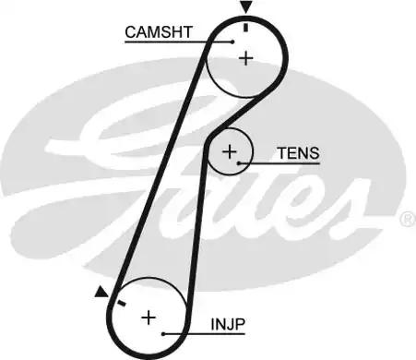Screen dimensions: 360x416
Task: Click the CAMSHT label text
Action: click(x=159, y=31)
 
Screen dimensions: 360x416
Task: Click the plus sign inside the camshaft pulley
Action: click(x=246, y=58)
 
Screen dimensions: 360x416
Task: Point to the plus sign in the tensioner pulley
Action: click(x=230, y=150)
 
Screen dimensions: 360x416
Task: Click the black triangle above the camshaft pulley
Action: click(x=245, y=8)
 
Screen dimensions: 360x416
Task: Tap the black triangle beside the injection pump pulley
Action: click(x=101, y=293)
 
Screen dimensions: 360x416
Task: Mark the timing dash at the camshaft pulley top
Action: click(x=246, y=26)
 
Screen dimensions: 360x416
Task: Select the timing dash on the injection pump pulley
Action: click(x=120, y=300)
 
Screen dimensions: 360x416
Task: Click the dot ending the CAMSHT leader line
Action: click(x=232, y=41)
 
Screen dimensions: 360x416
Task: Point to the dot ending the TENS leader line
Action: click(x=240, y=163)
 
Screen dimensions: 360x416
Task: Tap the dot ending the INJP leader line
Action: click(x=163, y=333)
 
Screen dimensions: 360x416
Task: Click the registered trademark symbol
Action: click(x=407, y=219)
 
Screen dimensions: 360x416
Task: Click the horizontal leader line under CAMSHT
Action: click(x=175, y=41)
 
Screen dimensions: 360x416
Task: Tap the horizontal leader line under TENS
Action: click(x=281, y=163)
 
